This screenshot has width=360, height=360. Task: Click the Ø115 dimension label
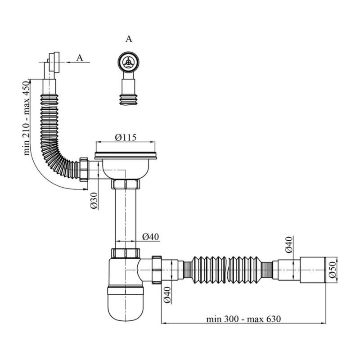point(126,137)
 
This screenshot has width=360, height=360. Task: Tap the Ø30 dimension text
point(94,200)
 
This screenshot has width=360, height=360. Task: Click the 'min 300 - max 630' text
point(243,319)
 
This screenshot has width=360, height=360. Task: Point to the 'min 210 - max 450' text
point(27,117)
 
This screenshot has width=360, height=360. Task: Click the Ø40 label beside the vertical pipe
point(150,236)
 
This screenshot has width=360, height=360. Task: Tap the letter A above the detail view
point(129,39)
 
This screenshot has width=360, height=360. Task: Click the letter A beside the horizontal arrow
point(80,58)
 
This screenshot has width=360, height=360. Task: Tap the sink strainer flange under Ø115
point(126,155)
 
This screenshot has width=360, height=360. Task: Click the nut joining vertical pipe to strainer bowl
point(126,184)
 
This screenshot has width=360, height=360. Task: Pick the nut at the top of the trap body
point(126,252)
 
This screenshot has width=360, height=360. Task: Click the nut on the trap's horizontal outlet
point(157,270)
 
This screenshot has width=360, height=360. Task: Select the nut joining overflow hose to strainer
point(84,170)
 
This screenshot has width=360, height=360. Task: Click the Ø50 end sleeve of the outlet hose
point(313,270)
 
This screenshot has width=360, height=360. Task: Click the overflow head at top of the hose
point(54,62)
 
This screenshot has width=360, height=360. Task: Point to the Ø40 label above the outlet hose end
point(289,244)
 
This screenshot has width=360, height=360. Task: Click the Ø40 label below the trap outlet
point(167,295)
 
